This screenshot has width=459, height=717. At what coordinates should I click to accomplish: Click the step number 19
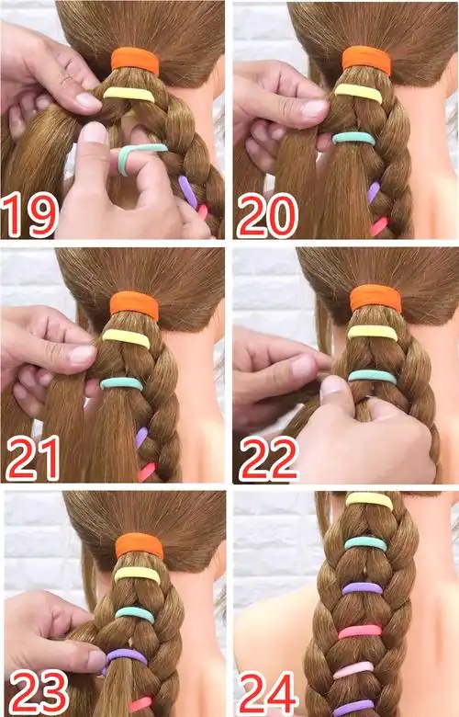click(29, 214)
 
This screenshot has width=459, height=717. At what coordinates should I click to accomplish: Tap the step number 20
click(268, 215)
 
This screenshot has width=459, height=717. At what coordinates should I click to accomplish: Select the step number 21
click(32, 458)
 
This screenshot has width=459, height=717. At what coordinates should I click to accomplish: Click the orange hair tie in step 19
click(135, 61)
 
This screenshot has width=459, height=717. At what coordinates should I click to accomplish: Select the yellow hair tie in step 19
click(129, 94)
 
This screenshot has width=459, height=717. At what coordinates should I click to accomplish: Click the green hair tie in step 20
click(354, 138)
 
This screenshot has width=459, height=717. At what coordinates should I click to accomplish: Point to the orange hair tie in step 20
click(367, 60)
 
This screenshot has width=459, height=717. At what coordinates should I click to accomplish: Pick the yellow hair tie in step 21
click(126, 338)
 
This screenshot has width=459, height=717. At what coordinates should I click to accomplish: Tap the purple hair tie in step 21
click(141, 437)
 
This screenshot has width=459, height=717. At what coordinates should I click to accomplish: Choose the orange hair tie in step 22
click(375, 298)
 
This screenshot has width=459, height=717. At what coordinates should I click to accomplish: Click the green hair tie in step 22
click(372, 376)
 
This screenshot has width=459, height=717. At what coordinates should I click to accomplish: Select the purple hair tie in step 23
click(127, 656)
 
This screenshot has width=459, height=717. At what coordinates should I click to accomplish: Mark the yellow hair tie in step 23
click(137, 575)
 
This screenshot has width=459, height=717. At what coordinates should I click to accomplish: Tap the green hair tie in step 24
click(365, 543)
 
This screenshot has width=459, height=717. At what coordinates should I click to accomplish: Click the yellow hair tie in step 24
click(369, 500)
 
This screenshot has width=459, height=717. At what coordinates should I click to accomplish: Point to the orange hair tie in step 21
click(134, 305)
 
